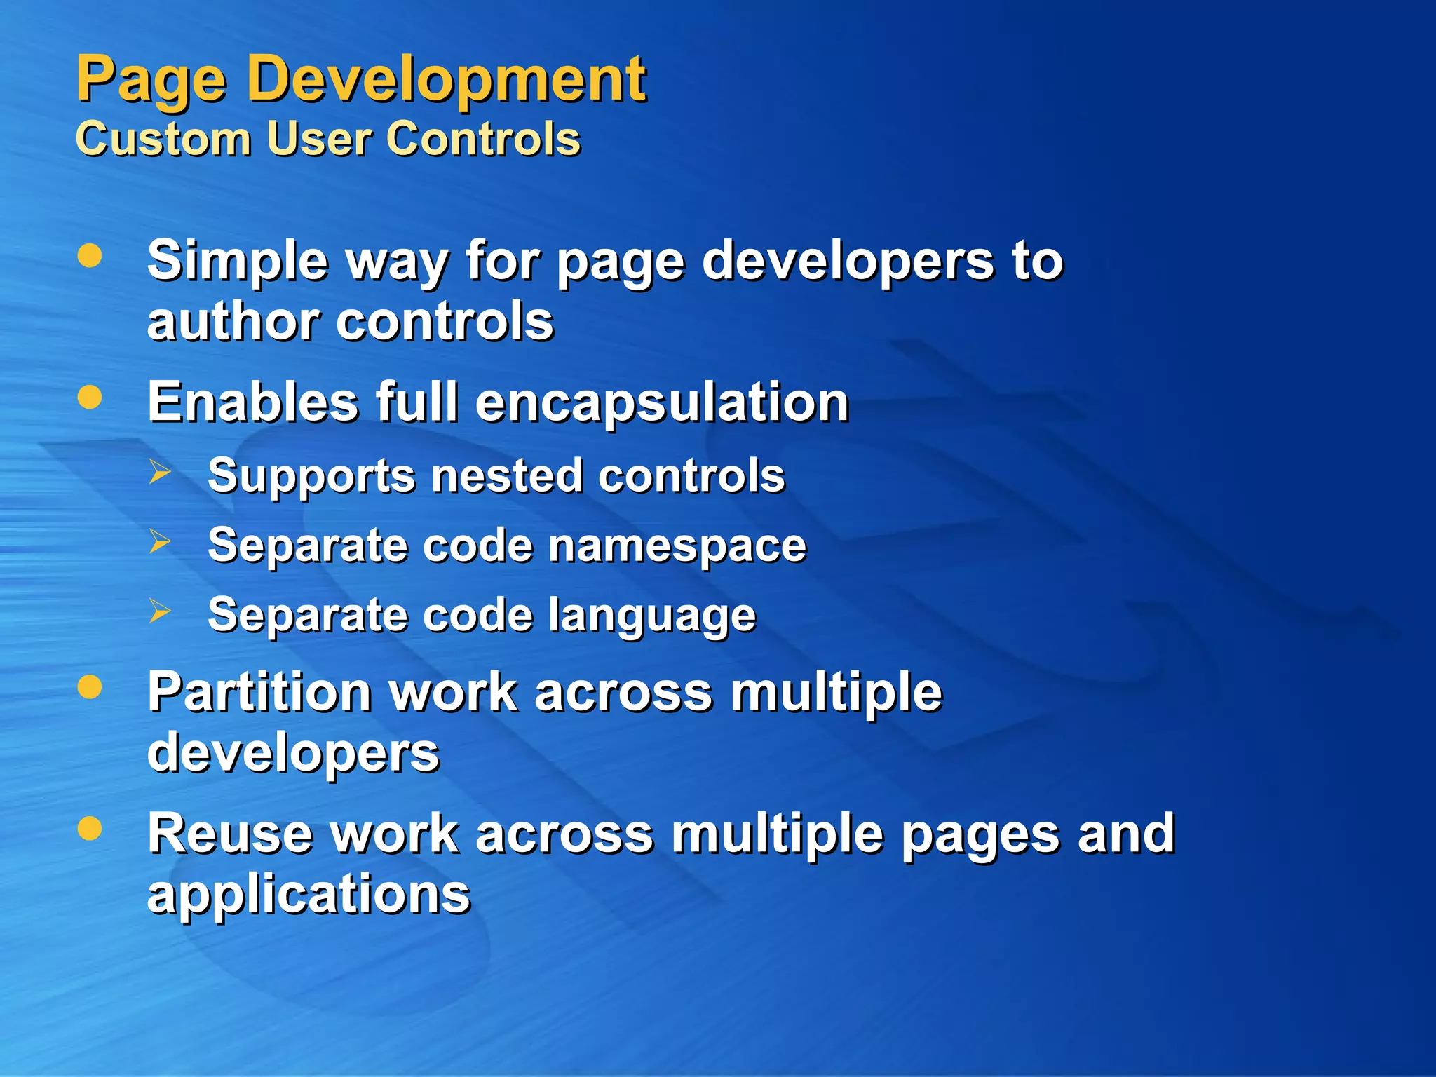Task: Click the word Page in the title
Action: click(x=151, y=81)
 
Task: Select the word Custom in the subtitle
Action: click(x=163, y=138)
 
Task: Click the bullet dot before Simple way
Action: click(x=90, y=256)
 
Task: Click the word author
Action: click(x=232, y=322)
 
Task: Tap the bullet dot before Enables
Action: click(x=90, y=398)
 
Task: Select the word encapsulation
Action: click(x=662, y=403)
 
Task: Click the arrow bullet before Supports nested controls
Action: click(x=160, y=472)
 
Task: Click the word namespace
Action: click(x=677, y=546)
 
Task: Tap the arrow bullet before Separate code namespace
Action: click(x=160, y=541)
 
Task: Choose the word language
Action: click(x=651, y=616)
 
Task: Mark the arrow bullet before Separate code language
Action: click(x=160, y=611)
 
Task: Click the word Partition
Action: click(x=259, y=692)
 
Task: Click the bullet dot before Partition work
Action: click(x=90, y=687)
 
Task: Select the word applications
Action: click(x=309, y=895)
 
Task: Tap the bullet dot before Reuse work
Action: click(x=90, y=828)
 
